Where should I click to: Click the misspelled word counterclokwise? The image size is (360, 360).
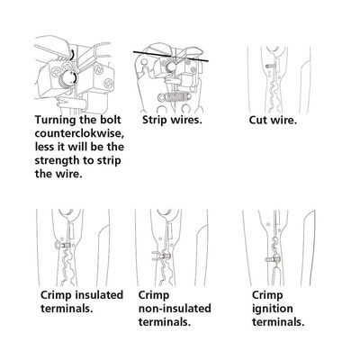tap(79, 133)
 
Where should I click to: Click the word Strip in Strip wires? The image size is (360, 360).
tap(155, 121)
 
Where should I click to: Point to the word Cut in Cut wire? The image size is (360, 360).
tap(258, 121)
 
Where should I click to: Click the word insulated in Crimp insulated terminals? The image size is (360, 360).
tap(99, 294)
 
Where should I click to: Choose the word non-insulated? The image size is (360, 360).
tap(175, 309)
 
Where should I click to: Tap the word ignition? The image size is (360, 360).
tap(272, 309)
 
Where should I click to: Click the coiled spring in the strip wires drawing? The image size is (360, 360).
tap(169, 97)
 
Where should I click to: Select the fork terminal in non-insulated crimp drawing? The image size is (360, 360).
tap(160, 256)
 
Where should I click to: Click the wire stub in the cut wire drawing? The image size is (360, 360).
tap(270, 66)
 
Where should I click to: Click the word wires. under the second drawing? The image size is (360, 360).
tap(186, 121)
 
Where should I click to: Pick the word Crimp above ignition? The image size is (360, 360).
tap(267, 295)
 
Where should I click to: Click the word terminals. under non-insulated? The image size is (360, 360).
tap(165, 322)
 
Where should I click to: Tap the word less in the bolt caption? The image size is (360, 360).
tap(46, 147)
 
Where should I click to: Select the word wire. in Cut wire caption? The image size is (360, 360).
tap(283, 121)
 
